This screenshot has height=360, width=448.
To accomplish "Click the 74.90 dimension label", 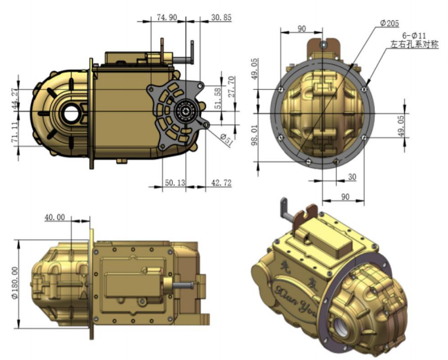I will pos(167,16).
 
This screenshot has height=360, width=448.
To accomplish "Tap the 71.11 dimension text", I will pos(13,131).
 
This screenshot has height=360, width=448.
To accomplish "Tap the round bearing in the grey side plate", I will pos(185,109).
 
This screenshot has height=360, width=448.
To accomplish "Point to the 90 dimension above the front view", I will pos(301,29).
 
